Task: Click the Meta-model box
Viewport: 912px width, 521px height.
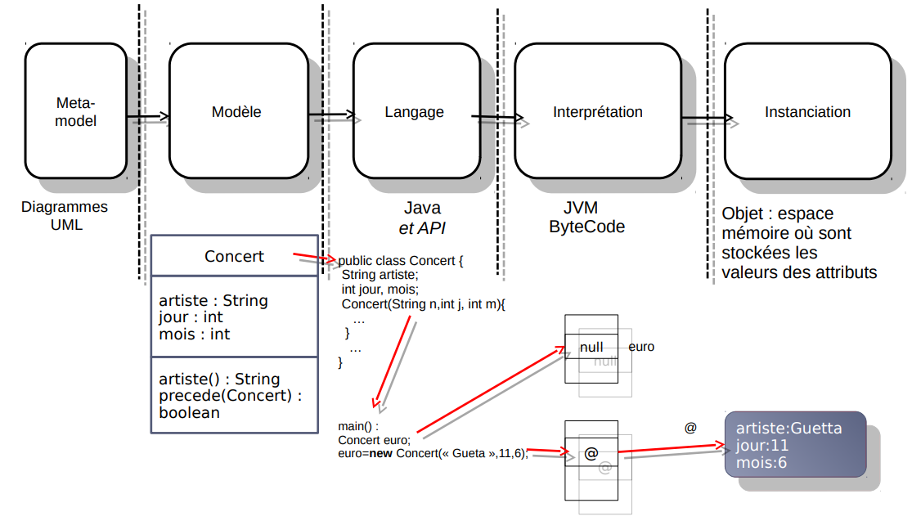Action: pyautogui.click(x=75, y=111)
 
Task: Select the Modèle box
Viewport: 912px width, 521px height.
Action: pyautogui.click(x=236, y=111)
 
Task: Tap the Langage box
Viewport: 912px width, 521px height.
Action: pyautogui.click(x=414, y=111)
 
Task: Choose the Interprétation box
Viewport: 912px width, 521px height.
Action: pyautogui.click(x=597, y=111)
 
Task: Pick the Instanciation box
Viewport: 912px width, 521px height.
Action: pyautogui.click(x=807, y=111)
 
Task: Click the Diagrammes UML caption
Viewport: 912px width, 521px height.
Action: pyautogui.click(x=65, y=216)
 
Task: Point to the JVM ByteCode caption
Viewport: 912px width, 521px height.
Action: pyautogui.click(x=586, y=218)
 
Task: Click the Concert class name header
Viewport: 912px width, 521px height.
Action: pyautogui.click(x=234, y=256)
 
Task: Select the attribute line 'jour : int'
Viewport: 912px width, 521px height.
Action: pyautogui.click(x=191, y=317)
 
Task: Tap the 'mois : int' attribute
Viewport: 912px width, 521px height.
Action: pyautogui.click(x=194, y=334)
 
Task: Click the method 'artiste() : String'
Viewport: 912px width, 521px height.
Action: pyautogui.click(x=219, y=380)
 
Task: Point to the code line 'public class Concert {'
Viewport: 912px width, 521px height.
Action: pyautogui.click(x=401, y=261)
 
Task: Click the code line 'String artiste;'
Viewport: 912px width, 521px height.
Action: pyautogui.click(x=380, y=275)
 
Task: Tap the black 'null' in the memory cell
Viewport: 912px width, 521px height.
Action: pyautogui.click(x=591, y=348)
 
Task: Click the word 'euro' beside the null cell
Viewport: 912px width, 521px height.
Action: pyautogui.click(x=641, y=347)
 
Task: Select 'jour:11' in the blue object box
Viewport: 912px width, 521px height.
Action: pyautogui.click(x=762, y=446)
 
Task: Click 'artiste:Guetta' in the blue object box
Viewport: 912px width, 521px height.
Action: pyautogui.click(x=788, y=429)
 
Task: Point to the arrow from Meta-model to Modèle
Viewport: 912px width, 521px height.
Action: pyautogui.click(x=147, y=117)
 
